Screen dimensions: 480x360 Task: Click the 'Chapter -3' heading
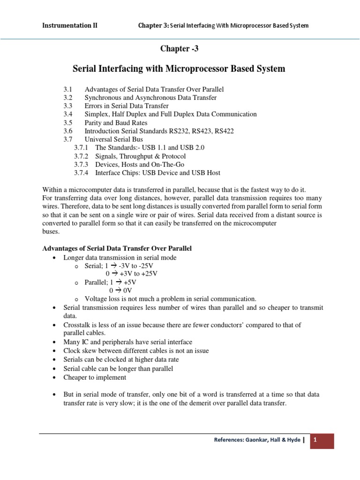pyautogui.click(x=179, y=49)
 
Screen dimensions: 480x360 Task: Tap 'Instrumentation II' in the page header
pyautogui.click(x=70, y=25)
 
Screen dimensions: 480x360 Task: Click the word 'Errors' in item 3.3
pyautogui.click(x=93, y=106)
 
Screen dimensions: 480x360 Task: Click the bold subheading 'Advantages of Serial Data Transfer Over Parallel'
pyautogui.click(x=118, y=248)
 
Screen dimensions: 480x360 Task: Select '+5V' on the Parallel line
pyautogui.click(x=128, y=282)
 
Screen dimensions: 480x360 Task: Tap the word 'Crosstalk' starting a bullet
pyautogui.click(x=77, y=325)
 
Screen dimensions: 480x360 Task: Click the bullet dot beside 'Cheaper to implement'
pyautogui.click(x=56, y=378)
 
